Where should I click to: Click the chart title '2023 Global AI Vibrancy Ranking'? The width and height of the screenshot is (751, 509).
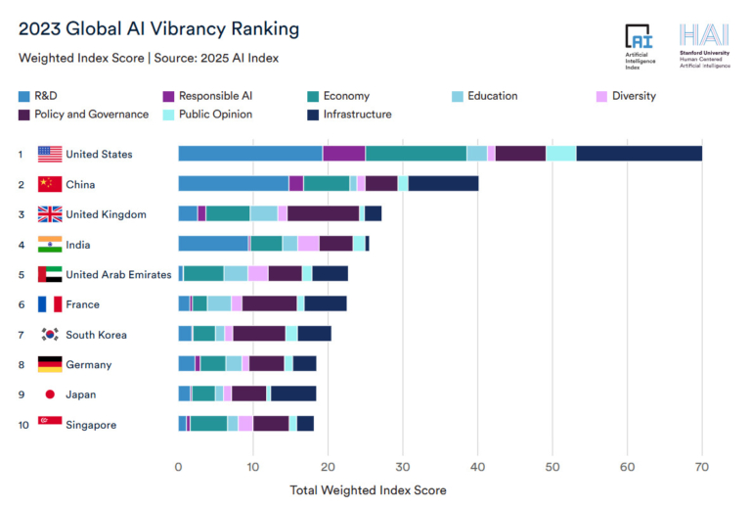tap(159, 28)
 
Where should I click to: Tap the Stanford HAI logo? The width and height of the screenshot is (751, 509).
tap(703, 47)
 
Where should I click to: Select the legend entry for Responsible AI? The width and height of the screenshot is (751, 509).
tap(213, 96)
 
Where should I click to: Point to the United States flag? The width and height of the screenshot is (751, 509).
tap(50, 154)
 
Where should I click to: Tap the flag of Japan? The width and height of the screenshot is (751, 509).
tap(50, 394)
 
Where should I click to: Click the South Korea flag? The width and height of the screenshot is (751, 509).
tap(50, 335)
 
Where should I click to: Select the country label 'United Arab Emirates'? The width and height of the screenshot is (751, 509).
tap(118, 274)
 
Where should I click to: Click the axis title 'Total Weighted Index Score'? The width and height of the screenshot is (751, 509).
tap(369, 489)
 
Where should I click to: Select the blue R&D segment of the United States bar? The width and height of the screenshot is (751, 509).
tap(249, 154)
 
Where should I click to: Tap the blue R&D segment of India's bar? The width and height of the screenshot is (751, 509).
tap(212, 244)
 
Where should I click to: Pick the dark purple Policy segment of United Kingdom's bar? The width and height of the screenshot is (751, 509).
tap(323, 214)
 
